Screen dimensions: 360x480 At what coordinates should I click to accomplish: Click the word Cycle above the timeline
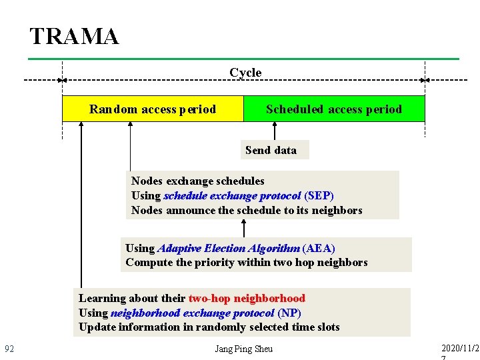pos(245,73)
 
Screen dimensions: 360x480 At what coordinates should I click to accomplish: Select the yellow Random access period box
pos(153,109)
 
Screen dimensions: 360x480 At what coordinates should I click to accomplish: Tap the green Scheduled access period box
pos(334,109)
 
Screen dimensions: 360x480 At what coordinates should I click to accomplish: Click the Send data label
pos(271,150)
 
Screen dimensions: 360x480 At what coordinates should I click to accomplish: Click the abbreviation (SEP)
pos(319,196)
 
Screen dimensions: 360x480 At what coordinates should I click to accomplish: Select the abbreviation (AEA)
pos(318,248)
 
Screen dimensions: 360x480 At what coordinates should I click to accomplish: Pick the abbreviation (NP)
pos(289,313)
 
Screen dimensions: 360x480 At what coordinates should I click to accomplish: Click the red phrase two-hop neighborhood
pos(247,299)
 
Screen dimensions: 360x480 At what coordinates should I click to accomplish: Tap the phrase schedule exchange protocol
pos(232,196)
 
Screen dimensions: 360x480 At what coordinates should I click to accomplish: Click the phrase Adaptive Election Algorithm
pos(229,248)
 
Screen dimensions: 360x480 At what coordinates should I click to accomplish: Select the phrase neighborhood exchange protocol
pos(192,313)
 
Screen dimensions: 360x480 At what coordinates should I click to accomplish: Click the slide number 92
pos(9,349)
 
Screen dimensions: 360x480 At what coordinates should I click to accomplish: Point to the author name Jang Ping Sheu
pos(244,349)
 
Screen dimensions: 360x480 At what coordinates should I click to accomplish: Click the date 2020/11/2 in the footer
pos(460,348)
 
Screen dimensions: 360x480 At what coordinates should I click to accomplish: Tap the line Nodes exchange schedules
pos(197,181)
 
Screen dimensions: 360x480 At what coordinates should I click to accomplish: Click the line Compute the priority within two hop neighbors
pos(246,263)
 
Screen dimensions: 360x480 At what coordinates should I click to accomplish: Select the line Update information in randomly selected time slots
pos(209,327)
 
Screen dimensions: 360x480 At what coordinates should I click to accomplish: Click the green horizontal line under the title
pos(243,59)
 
